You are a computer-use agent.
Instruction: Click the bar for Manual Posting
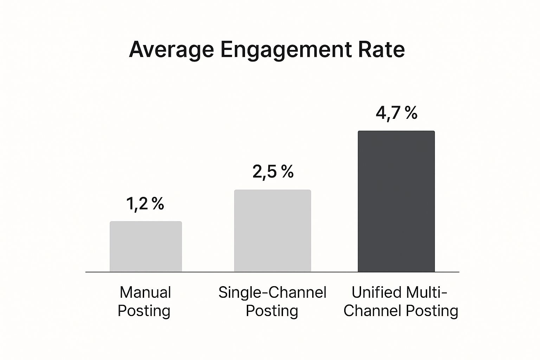[146, 246]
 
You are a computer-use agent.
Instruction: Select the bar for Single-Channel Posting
[272, 231]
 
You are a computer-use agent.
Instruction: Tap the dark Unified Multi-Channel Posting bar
[396, 201]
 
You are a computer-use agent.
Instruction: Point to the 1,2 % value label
[145, 204]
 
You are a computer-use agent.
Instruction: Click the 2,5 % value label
[273, 172]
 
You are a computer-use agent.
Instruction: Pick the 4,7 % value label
[397, 113]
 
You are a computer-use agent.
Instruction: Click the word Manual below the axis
[145, 292]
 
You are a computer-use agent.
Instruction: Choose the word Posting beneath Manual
[144, 311]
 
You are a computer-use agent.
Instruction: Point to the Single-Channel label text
[272, 292]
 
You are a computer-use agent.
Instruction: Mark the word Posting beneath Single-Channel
[272, 311]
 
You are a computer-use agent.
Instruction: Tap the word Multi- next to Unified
[426, 292]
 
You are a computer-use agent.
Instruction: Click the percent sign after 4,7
[411, 113]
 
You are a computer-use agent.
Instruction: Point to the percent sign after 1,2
[158, 204]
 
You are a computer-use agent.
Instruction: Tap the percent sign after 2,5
[287, 172]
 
